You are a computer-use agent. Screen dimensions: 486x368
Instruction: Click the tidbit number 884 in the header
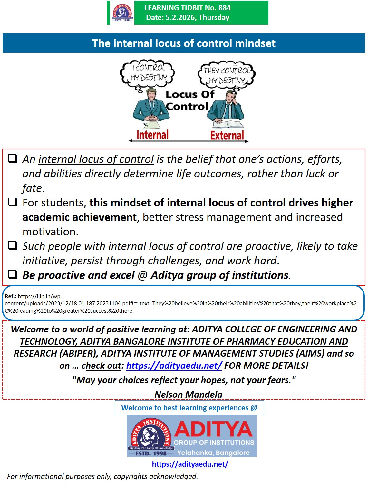point(224,8)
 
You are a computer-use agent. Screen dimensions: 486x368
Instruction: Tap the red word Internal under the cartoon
point(152,135)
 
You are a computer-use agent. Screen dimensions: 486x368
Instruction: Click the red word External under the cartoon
point(227,135)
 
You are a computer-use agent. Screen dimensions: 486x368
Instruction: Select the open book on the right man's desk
point(228,124)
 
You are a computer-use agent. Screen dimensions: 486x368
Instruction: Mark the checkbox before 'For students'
point(13,202)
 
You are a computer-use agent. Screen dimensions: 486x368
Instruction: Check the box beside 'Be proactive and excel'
point(13,274)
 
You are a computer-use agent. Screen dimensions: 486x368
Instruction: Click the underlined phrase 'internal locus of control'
point(96,159)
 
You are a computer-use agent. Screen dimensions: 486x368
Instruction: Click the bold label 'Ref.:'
point(11,296)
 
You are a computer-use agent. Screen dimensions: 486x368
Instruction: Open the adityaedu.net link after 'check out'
point(174,366)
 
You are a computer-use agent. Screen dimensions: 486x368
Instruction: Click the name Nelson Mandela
point(189,395)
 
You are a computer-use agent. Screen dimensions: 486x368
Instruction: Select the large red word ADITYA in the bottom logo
point(213,429)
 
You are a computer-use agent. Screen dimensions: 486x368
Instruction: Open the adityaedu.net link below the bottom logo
point(190,464)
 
